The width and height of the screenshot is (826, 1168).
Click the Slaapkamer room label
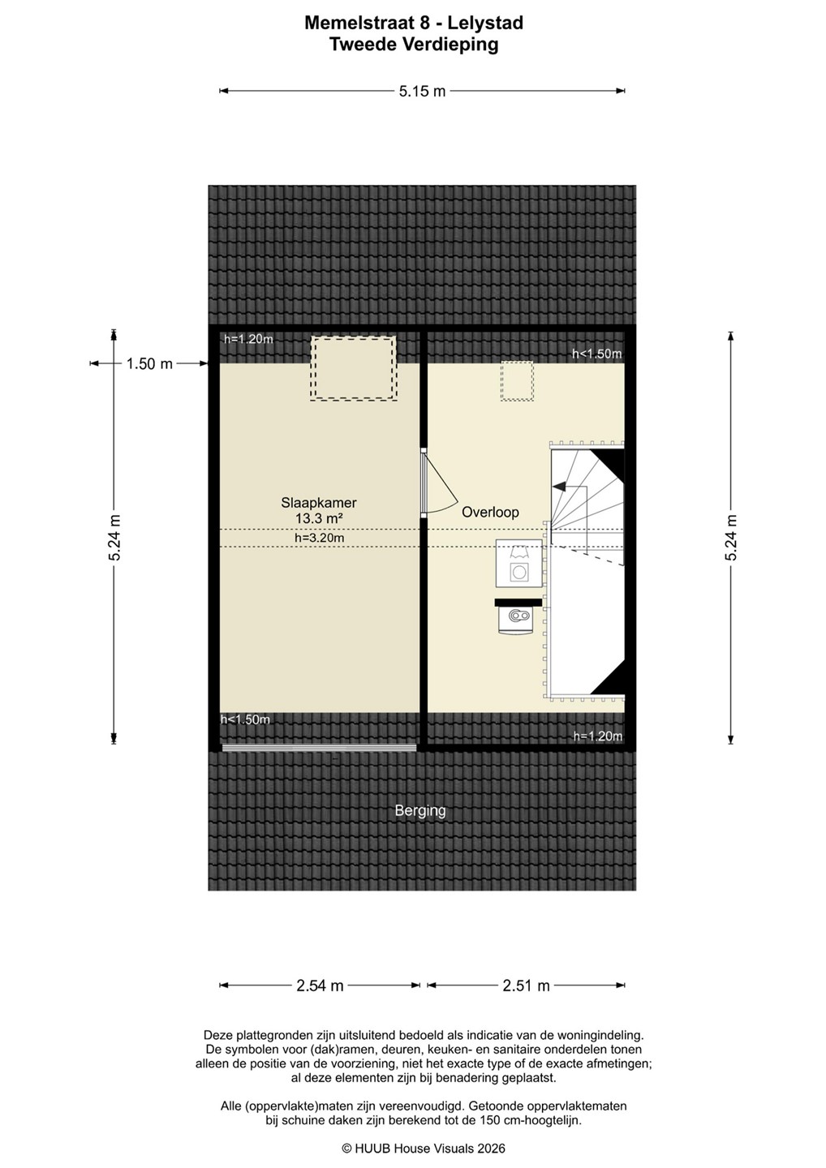319,503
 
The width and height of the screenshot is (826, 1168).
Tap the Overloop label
490,512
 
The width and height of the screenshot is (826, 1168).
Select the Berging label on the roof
420,811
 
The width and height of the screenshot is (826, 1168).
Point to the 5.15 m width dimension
422,91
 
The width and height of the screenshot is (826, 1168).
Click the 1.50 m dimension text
149,363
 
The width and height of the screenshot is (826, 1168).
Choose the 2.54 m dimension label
320,985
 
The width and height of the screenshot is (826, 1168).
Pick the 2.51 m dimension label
526,985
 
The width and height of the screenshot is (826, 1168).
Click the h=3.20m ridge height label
319,538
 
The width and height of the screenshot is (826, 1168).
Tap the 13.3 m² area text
319,519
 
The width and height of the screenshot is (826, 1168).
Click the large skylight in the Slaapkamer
353,368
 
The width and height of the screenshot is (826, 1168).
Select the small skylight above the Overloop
517,381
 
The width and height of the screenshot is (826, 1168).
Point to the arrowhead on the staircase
558,486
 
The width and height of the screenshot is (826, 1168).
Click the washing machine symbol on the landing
518,563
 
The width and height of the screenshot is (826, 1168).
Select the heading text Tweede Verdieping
414,45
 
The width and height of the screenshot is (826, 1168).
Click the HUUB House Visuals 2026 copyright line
423,1148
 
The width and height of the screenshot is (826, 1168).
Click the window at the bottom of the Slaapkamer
319,748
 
